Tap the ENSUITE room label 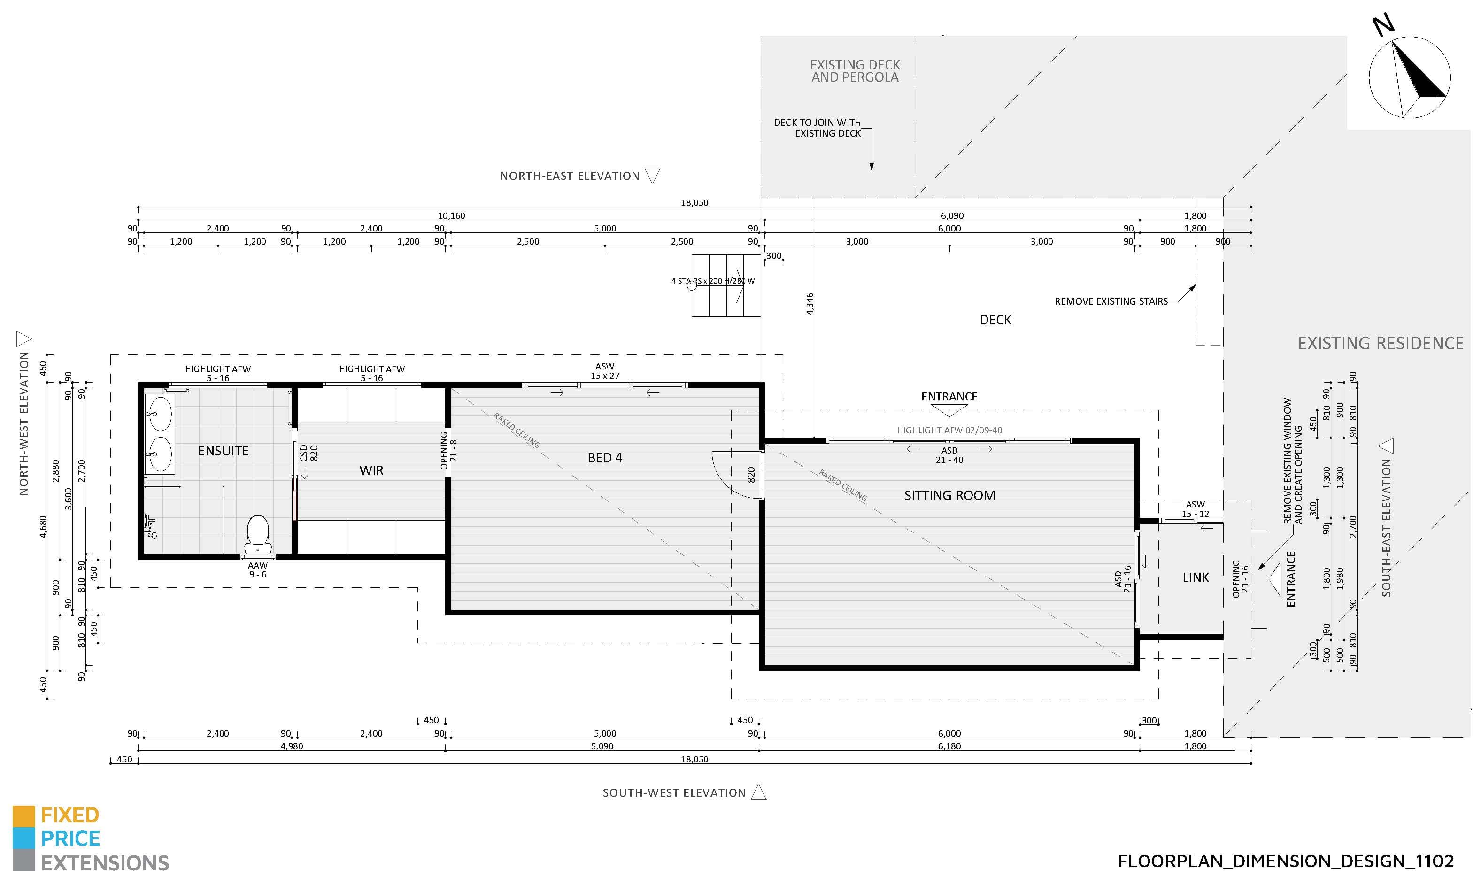224,451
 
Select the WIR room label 371,470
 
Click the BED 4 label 605,457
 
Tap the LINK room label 1196,577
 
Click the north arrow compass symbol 1410,77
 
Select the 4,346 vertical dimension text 809,304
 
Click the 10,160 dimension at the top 452,215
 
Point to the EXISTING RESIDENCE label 1381,343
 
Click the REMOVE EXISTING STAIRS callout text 1111,301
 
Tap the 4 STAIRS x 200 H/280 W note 712,281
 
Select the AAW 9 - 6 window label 257,570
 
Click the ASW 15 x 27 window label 605,371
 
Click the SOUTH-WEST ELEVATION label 674,793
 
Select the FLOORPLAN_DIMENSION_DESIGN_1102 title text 1286,861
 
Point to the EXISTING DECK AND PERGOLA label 855,71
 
